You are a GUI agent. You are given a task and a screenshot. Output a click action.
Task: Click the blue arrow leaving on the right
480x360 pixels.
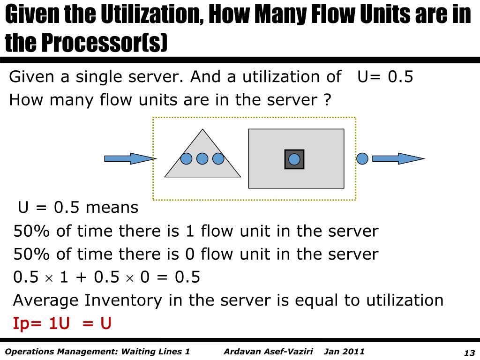(x=397, y=158)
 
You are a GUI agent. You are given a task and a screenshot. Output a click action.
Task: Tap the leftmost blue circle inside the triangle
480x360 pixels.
(x=187, y=159)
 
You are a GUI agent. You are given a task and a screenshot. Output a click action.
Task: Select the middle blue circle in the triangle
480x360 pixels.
(x=202, y=159)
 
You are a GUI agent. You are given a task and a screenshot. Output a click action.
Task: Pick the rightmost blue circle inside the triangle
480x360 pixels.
(x=218, y=159)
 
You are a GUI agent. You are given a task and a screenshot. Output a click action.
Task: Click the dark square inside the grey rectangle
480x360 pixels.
(x=294, y=159)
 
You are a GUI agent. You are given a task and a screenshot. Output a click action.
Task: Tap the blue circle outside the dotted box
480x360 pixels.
(x=362, y=158)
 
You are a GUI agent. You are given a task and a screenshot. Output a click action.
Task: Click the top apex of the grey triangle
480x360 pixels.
(x=202, y=130)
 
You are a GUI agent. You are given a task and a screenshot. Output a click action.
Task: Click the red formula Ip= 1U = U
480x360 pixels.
(x=62, y=323)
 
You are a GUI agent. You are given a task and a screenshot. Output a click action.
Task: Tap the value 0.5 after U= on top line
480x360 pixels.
(x=401, y=77)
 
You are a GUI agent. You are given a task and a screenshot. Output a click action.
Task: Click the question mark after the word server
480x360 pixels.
(x=327, y=100)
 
